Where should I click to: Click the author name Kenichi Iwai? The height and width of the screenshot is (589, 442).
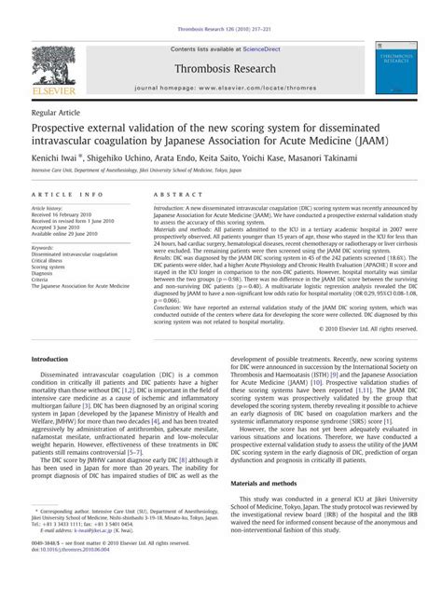click(59, 158)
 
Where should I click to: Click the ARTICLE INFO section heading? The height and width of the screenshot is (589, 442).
click(67, 194)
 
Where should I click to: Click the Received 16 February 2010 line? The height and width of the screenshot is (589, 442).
click(67, 213)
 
